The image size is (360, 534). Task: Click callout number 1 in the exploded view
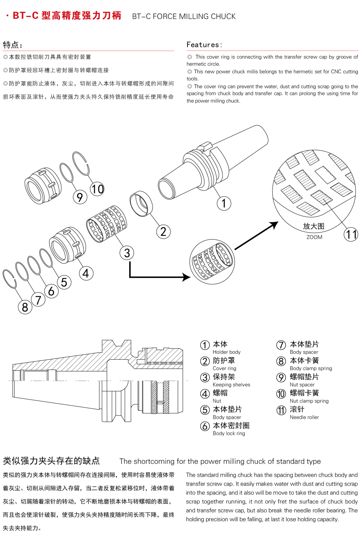[x=224, y=203]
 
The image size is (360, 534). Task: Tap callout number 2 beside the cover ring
[x=163, y=232]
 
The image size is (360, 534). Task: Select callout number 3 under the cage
[x=127, y=253]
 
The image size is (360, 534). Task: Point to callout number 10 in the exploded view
[x=97, y=189]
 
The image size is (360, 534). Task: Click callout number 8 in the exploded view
[x=25, y=307]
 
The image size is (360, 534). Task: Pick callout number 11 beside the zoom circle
[x=351, y=234]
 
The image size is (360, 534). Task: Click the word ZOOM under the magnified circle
[x=314, y=237]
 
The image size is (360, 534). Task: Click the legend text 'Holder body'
[x=226, y=352]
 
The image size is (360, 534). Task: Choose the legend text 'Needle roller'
[x=304, y=417]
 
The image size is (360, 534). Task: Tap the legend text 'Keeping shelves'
[x=231, y=384]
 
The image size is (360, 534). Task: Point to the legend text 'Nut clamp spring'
[x=309, y=401]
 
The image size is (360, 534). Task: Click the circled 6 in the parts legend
[x=205, y=426]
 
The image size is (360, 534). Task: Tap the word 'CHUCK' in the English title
[x=223, y=16]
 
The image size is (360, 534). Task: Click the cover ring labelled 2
[x=141, y=203]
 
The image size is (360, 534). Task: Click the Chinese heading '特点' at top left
[x=11, y=45]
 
